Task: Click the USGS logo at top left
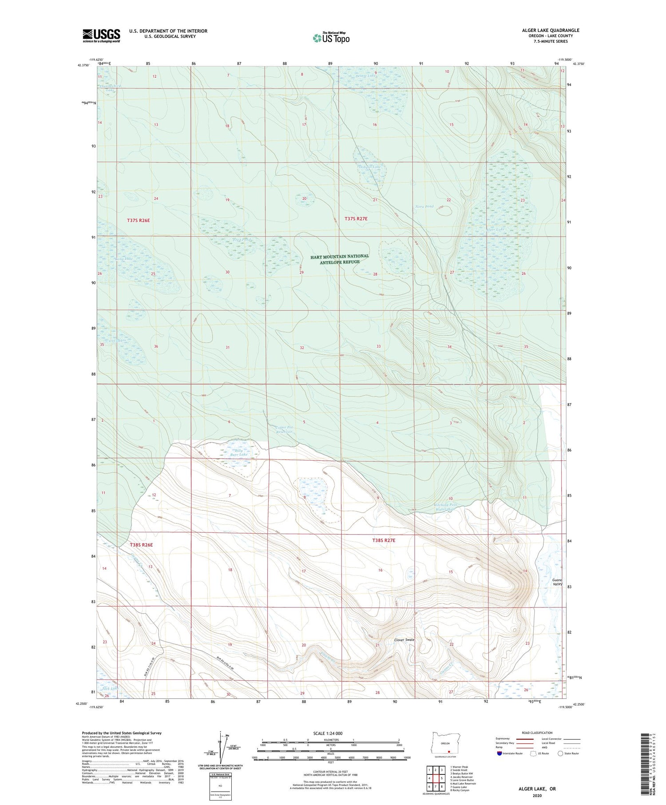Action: pos(101,36)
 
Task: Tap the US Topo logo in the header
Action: pos(331,38)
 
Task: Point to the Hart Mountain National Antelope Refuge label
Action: pos(340,259)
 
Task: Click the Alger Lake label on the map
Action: pos(495,230)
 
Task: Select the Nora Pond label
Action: pos(424,206)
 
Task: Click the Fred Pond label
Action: pos(242,240)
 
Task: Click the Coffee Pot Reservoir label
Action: pos(285,430)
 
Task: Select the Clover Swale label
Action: pos(404,640)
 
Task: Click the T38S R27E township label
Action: pos(383,540)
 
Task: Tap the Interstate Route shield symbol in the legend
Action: pos(499,753)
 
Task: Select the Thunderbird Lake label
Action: pos(110,87)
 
